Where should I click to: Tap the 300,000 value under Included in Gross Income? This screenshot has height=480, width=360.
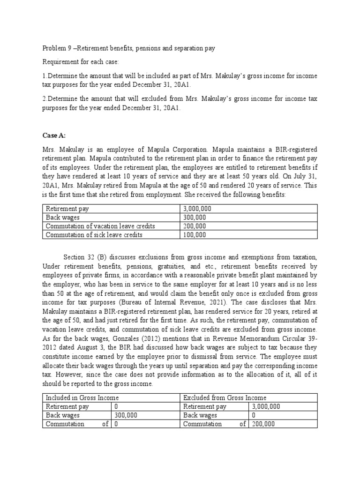coord(126,415)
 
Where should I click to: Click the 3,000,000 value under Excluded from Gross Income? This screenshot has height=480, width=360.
coord(266,406)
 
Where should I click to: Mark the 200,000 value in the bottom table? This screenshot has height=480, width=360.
coord(263,424)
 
